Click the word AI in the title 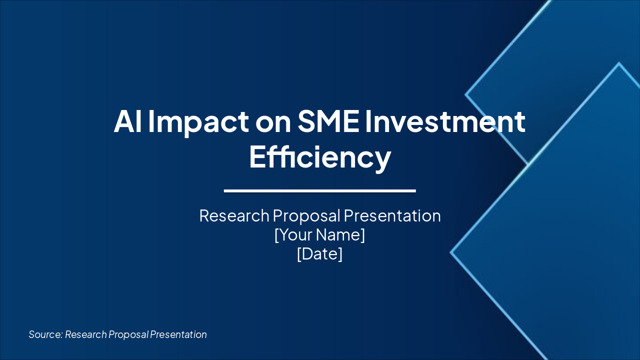pos(127,121)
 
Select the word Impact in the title pos(198,121)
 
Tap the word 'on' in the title pos(273,121)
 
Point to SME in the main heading pos(328,121)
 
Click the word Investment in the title pos(445,121)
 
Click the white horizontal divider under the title pos(320,190)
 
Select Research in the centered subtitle pos(234,215)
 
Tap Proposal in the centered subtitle pos(306,215)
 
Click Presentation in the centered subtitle pos(392,215)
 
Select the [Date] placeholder pos(320,253)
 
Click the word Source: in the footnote pos(45,334)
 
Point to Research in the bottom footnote pos(85,334)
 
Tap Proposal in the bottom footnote pos(128,334)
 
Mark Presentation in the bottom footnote pos(178,334)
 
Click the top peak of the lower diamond pos(619,64)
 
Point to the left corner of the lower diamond pos(452,252)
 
